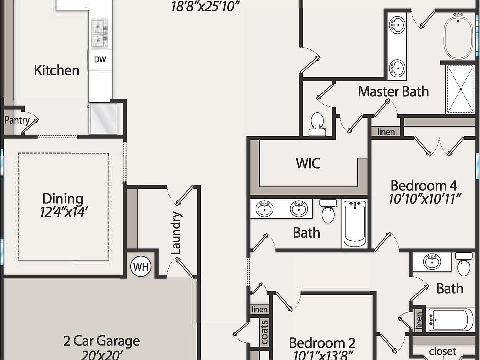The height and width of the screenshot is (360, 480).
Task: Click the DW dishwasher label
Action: tap(100, 59)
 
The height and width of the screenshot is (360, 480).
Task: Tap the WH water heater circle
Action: tap(141, 267)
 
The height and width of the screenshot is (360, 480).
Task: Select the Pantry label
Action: tap(17, 120)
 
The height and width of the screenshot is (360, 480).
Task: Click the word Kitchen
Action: tap(56, 70)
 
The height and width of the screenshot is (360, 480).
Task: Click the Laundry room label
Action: tap(176, 233)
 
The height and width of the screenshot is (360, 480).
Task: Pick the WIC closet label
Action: tap(308, 163)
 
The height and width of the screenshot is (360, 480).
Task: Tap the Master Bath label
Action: tap(393, 91)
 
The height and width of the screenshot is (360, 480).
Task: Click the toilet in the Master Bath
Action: tap(317, 123)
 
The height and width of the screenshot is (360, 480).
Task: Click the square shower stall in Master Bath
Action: tap(460, 89)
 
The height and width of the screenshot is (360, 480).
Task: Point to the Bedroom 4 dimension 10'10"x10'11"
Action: tap(424, 199)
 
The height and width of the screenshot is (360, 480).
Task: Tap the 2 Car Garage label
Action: tap(101, 341)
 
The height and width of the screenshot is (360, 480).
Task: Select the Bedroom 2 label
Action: tap(322, 343)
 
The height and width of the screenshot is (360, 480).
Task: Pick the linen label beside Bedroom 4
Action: tap(386, 132)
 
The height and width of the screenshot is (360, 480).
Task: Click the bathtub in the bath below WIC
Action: tap(355, 223)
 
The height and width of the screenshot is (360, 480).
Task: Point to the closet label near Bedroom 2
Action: tap(443, 351)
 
